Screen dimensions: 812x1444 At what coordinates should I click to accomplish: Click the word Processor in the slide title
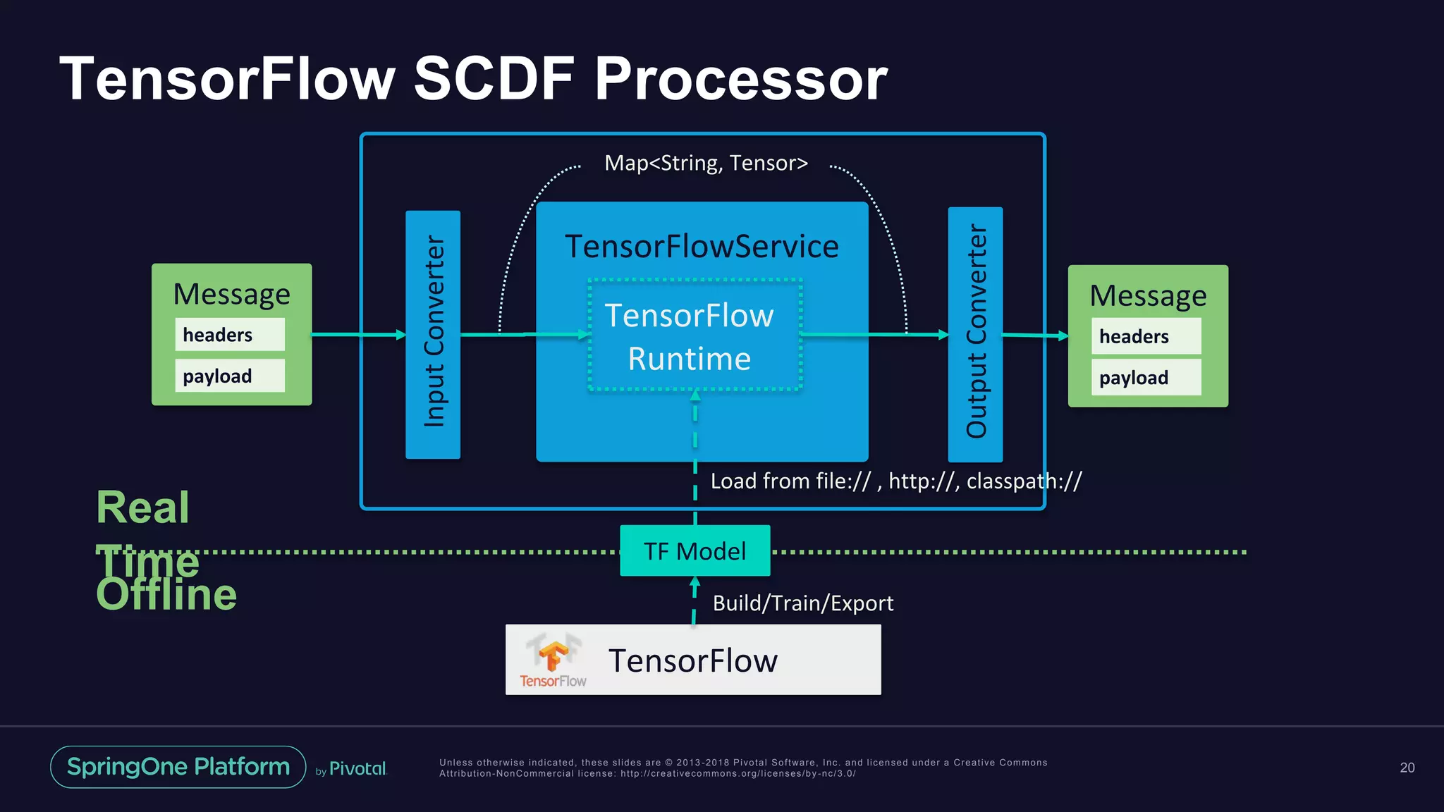pos(740,79)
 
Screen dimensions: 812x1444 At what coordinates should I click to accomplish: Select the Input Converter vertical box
pos(433,334)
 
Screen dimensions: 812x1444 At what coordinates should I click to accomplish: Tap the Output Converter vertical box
pos(975,334)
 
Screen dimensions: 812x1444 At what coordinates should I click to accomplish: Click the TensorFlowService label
pos(702,247)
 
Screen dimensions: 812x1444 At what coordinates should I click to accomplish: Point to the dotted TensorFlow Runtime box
pos(695,336)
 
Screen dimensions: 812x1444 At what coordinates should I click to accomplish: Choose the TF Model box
pos(695,551)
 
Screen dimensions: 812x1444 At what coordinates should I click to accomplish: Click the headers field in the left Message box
pos(230,334)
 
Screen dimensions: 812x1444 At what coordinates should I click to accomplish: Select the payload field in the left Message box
pos(230,376)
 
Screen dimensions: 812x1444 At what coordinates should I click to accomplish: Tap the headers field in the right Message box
pos(1146,336)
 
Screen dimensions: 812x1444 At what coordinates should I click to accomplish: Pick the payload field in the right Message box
pos(1146,378)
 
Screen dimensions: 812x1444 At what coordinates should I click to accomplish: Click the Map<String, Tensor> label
pos(706,163)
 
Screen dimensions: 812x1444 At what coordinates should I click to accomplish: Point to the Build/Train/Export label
pos(802,603)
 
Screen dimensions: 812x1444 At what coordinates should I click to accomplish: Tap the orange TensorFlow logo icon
pos(553,656)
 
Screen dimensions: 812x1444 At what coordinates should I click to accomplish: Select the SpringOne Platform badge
pos(178,767)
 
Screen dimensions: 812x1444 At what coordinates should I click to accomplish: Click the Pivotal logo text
pos(357,769)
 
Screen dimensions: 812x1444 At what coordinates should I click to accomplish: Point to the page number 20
pos(1407,768)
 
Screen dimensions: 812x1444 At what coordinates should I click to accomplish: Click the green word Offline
pos(166,596)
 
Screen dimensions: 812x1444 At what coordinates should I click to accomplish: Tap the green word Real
pos(143,508)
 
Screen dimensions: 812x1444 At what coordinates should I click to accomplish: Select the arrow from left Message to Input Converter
pos(358,335)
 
